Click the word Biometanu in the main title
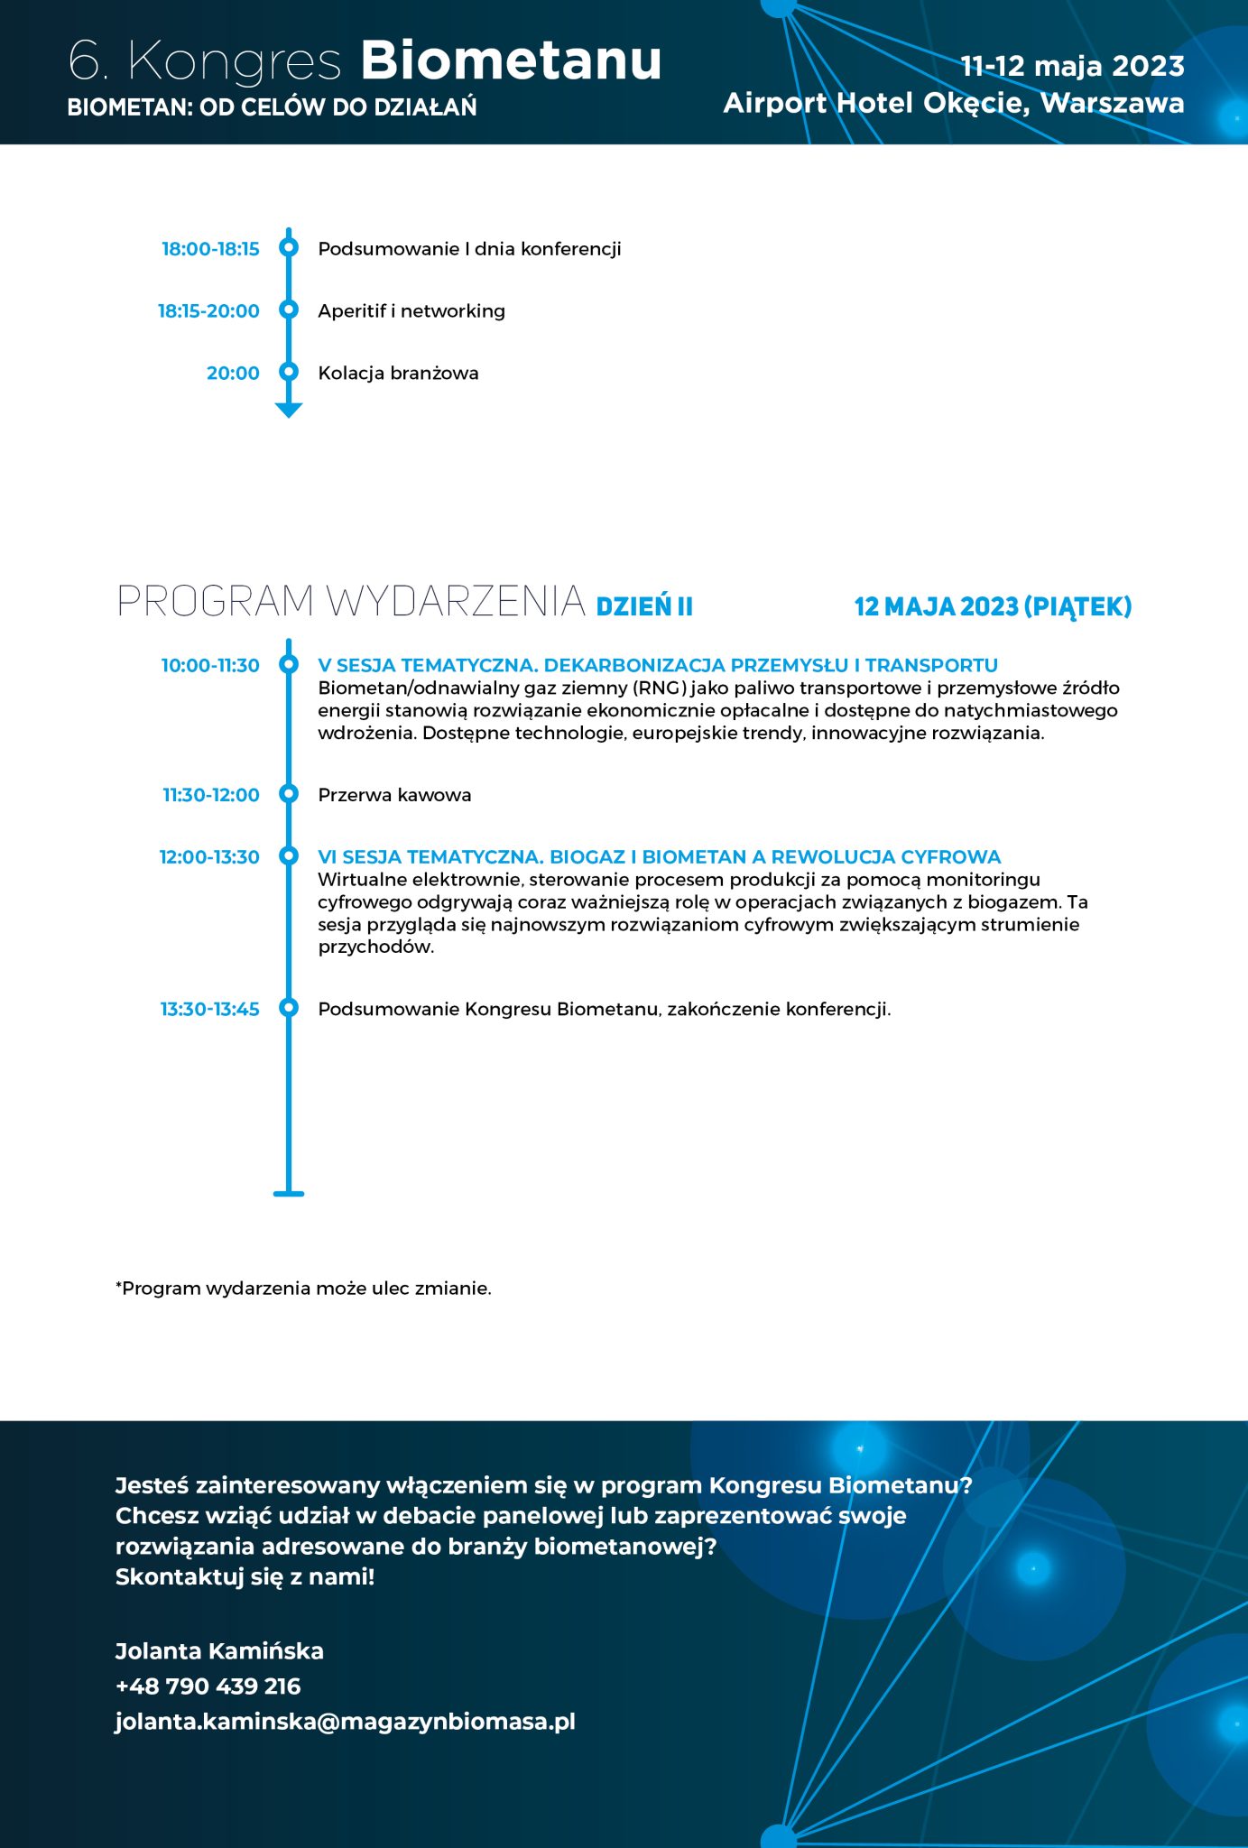pyautogui.click(x=511, y=60)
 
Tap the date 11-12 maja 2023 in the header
pyautogui.click(x=1072, y=66)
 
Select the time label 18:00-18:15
pyautogui.click(x=210, y=249)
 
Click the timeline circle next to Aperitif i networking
pyautogui.click(x=289, y=310)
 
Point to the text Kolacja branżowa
pyautogui.click(x=398, y=373)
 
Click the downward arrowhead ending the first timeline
pyautogui.click(x=289, y=410)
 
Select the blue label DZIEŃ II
pyautogui.click(x=644, y=606)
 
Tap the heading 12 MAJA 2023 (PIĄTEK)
pyautogui.click(x=993, y=606)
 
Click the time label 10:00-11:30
pyautogui.click(x=210, y=666)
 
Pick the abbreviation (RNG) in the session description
pyautogui.click(x=660, y=688)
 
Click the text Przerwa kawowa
pyautogui.click(x=394, y=795)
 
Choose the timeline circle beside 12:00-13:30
pyautogui.click(x=289, y=855)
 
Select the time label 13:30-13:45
pyautogui.click(x=210, y=1009)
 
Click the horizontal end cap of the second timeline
pyautogui.click(x=289, y=1194)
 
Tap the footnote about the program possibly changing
pyautogui.click(x=303, y=1289)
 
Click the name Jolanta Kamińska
pyautogui.click(x=219, y=1650)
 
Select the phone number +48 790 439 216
pyautogui.click(x=208, y=1686)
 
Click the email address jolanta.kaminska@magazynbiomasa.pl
pyautogui.click(x=345, y=1721)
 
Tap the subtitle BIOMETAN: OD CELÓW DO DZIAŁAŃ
pyautogui.click(x=272, y=107)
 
